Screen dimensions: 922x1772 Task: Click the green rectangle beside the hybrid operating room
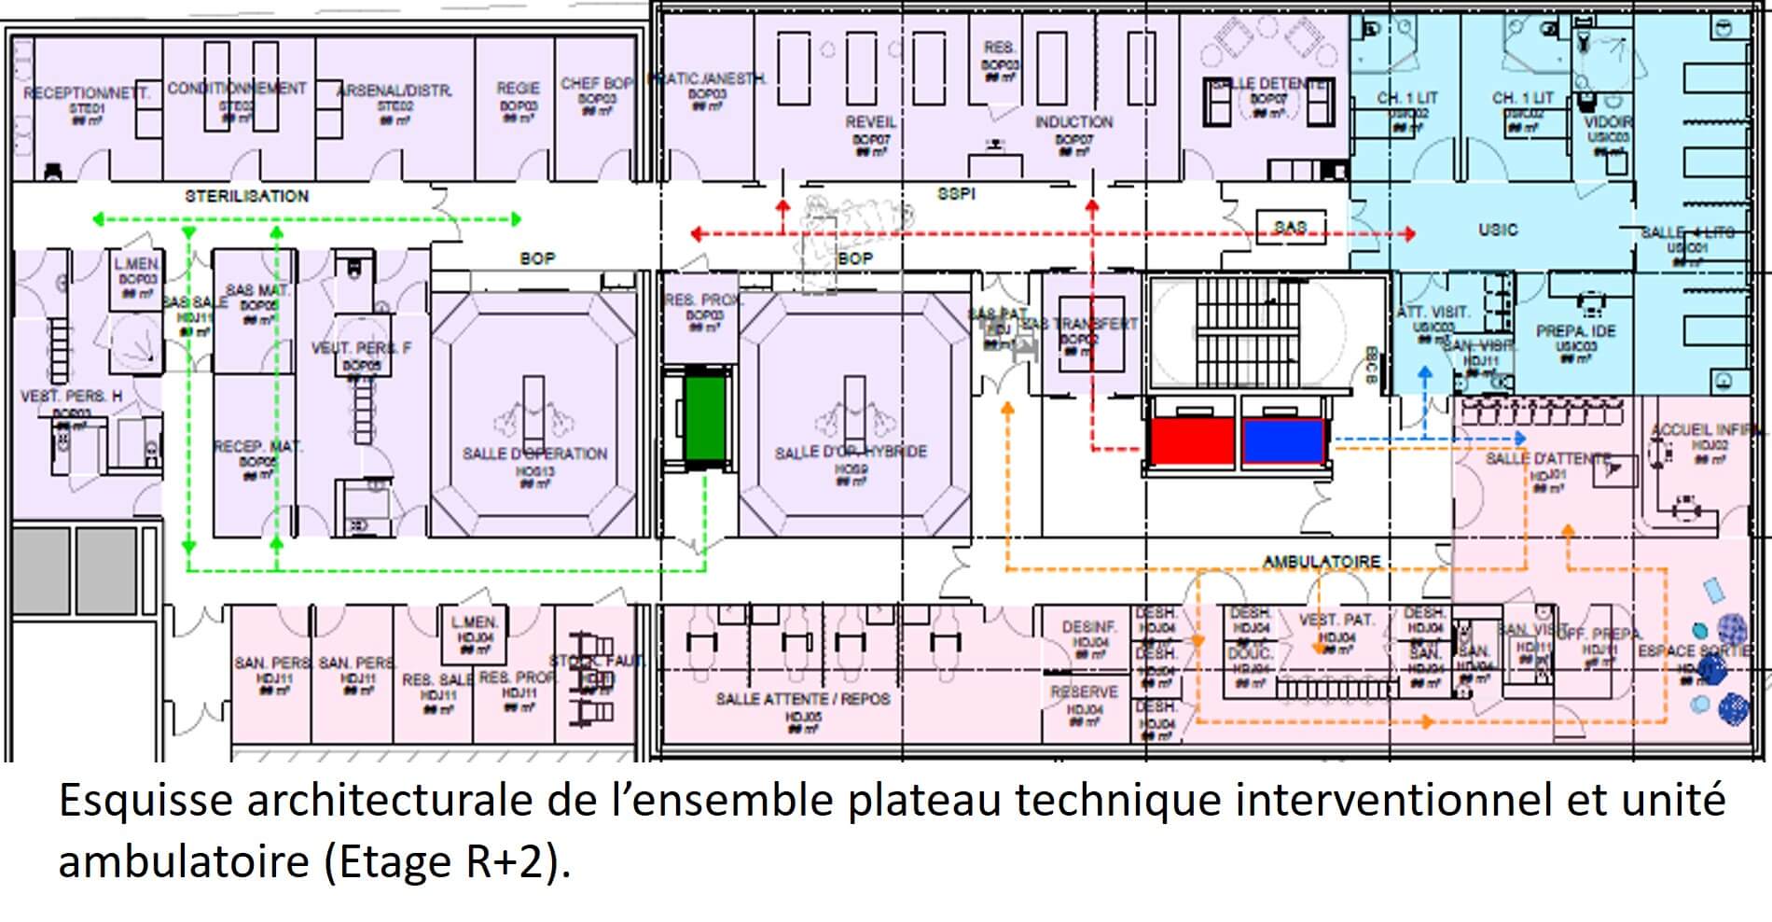click(704, 416)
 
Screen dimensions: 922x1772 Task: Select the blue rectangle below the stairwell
click(1283, 440)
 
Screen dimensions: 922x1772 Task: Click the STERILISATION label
click(246, 196)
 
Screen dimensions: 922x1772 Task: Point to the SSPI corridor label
click(956, 193)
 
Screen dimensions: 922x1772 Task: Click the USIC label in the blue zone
click(1497, 230)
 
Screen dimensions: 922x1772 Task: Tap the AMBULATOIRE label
click(1321, 562)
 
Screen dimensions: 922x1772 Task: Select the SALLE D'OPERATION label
click(534, 454)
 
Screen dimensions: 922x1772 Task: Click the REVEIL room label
click(870, 122)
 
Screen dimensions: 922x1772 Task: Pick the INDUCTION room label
click(1073, 122)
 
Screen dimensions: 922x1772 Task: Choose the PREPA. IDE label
click(1575, 331)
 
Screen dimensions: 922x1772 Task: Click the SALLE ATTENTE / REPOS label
click(802, 699)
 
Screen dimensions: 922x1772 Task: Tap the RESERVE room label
click(1084, 692)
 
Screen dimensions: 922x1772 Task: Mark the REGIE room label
click(518, 88)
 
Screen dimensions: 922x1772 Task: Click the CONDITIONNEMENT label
click(237, 89)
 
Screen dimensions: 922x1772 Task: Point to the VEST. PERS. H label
click(71, 397)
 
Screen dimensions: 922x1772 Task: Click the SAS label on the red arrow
click(1290, 227)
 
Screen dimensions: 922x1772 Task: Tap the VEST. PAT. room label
click(1336, 620)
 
